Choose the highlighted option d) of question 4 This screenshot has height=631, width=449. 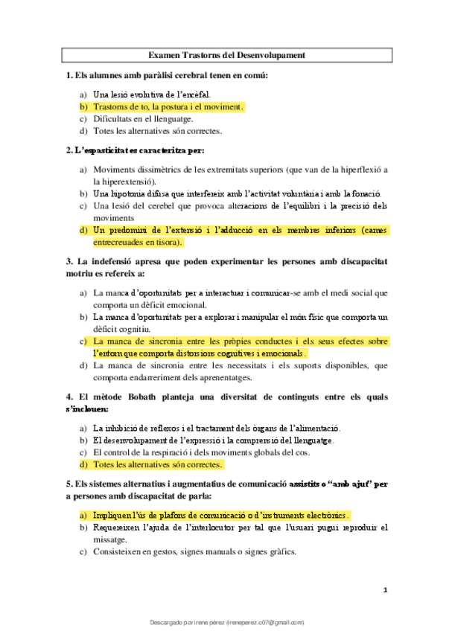(157, 465)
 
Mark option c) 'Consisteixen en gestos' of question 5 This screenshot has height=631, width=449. (194, 552)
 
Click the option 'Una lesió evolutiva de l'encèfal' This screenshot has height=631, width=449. (152, 95)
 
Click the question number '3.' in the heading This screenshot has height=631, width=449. (69, 262)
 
